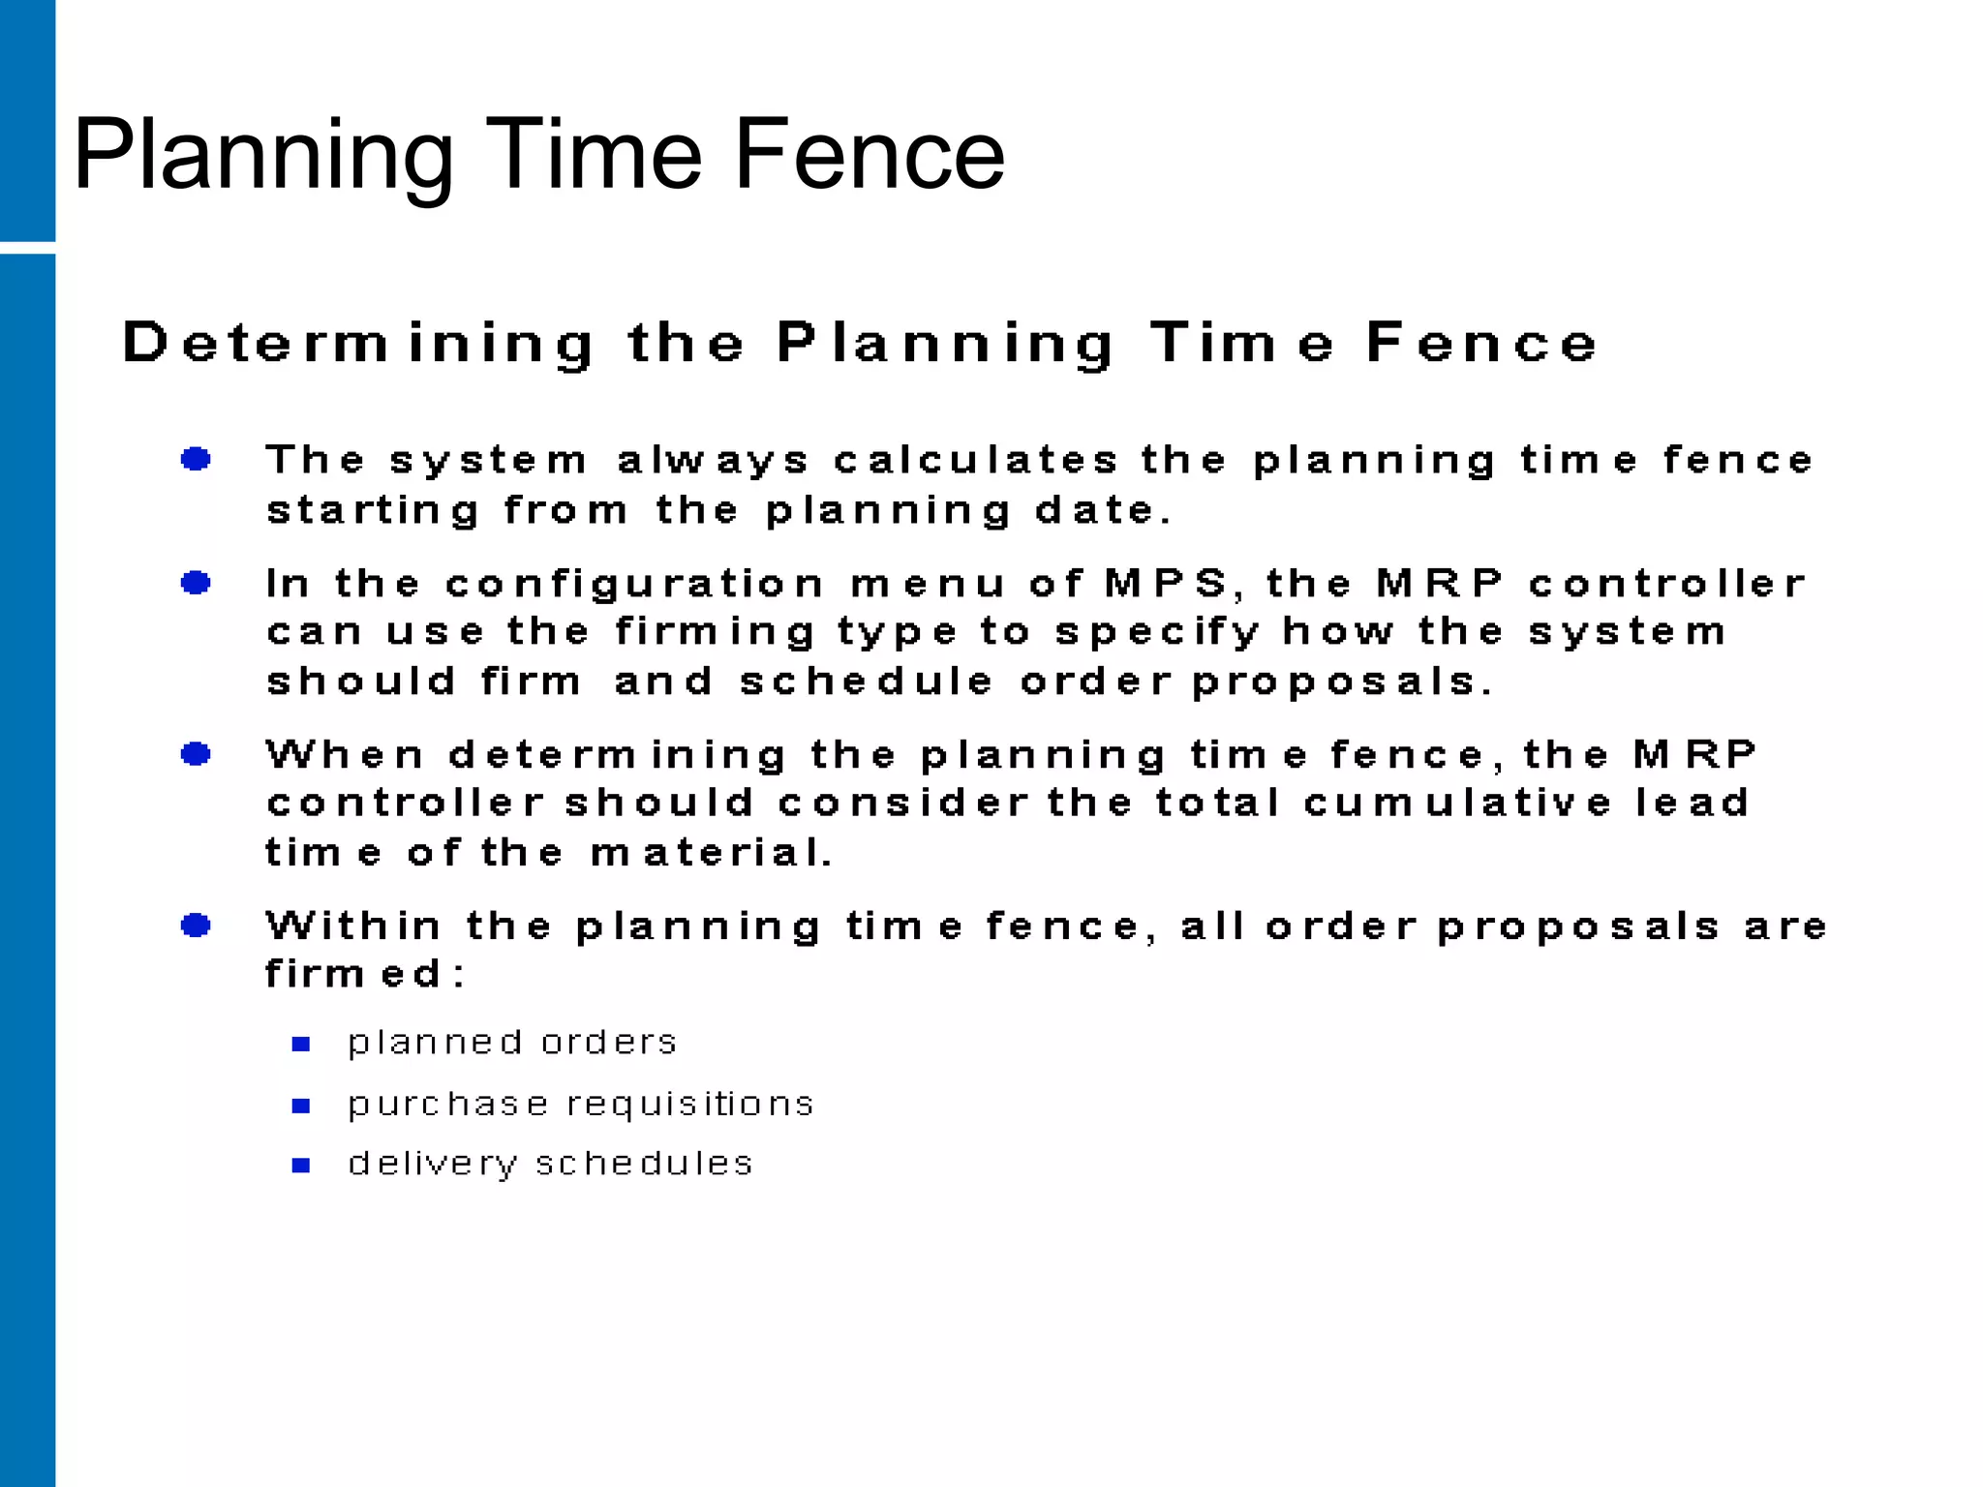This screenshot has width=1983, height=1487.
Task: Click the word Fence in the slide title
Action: click(x=869, y=155)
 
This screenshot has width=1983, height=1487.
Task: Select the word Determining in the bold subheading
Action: click(x=358, y=344)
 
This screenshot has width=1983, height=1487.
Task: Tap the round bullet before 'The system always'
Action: click(x=197, y=459)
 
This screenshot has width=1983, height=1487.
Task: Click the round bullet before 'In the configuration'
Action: click(x=197, y=583)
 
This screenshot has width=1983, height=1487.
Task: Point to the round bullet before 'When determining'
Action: click(x=197, y=754)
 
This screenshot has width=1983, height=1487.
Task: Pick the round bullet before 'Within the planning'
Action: click(x=197, y=926)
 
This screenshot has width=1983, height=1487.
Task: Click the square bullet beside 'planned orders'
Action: click(x=301, y=1044)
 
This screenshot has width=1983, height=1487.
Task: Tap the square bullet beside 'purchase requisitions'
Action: click(x=301, y=1106)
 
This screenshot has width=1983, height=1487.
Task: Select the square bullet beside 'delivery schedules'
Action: click(x=301, y=1166)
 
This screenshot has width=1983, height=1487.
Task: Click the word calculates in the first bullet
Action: click(x=976, y=460)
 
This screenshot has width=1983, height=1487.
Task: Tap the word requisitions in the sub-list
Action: click(x=690, y=1105)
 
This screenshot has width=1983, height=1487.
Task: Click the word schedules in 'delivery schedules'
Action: click(x=644, y=1164)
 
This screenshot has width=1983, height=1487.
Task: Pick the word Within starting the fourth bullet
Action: click(x=353, y=926)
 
